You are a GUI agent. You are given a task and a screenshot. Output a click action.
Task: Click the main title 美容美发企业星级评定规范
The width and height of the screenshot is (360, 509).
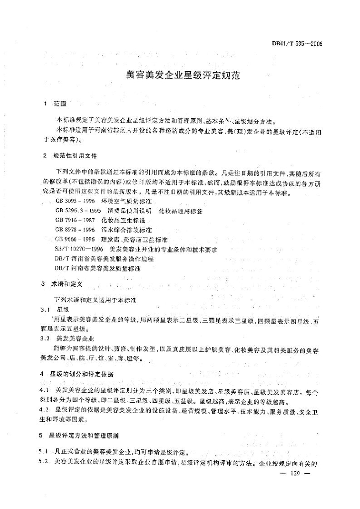[x=183, y=76]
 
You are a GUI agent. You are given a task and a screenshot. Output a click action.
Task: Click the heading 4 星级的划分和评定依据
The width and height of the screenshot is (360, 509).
[x=80, y=373]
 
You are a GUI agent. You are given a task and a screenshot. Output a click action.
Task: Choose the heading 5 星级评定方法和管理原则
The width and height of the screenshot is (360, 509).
[x=80, y=435]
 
